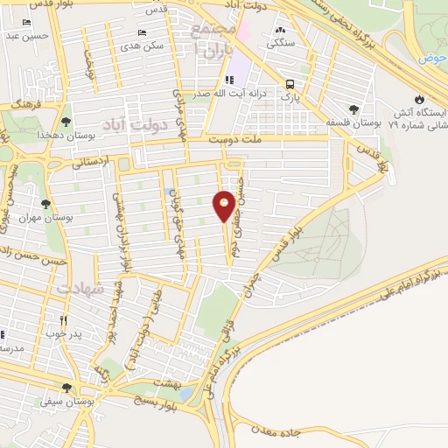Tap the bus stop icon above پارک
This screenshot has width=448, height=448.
pyautogui.click(x=289, y=84)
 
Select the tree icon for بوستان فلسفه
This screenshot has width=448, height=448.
pyautogui.click(x=353, y=109)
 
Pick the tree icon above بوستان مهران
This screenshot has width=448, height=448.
pyautogui.click(x=45, y=204)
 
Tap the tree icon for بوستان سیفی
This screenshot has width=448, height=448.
pyautogui.click(x=66, y=388)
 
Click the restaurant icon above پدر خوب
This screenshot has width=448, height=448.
pyautogui.click(x=63, y=320)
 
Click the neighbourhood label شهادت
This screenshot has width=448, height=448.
pyautogui.click(x=80, y=287)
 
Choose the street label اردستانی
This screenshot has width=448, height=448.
pyautogui.click(x=93, y=160)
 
